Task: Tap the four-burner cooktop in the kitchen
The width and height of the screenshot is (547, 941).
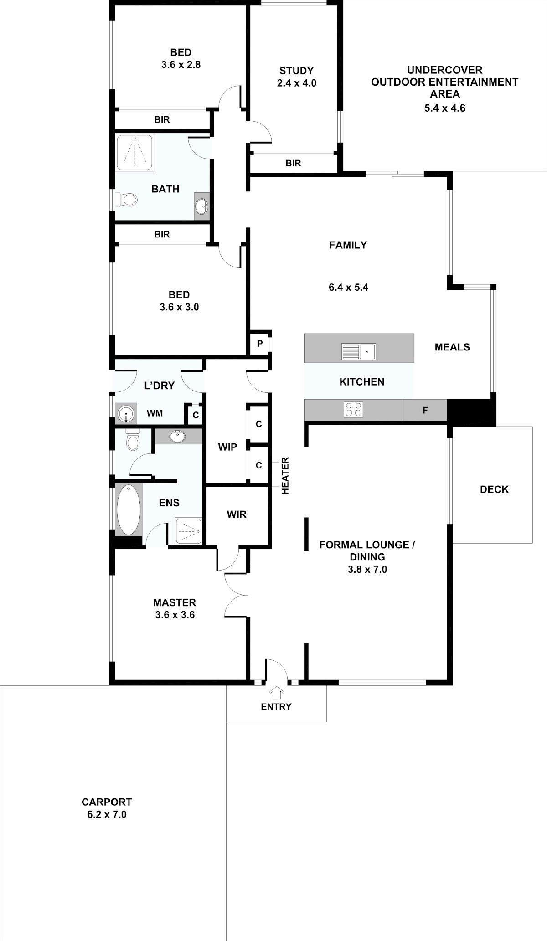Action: tap(354, 409)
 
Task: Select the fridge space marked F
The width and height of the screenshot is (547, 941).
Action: tap(425, 410)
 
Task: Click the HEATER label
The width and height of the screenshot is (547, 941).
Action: tap(286, 476)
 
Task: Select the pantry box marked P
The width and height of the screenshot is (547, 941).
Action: tap(260, 344)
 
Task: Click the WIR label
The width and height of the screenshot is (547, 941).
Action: tap(237, 514)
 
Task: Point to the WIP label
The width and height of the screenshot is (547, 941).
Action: tap(227, 447)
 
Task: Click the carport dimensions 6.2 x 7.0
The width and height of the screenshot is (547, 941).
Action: tap(107, 814)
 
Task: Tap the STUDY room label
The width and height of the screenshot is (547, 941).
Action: tap(297, 71)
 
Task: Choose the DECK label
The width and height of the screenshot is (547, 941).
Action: tap(494, 489)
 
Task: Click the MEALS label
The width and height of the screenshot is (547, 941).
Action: tap(452, 347)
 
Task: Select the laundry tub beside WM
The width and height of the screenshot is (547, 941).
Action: tap(126, 414)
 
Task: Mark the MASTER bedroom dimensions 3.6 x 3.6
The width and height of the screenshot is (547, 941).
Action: tap(175, 615)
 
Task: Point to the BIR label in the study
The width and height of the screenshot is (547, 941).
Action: tap(293, 163)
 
